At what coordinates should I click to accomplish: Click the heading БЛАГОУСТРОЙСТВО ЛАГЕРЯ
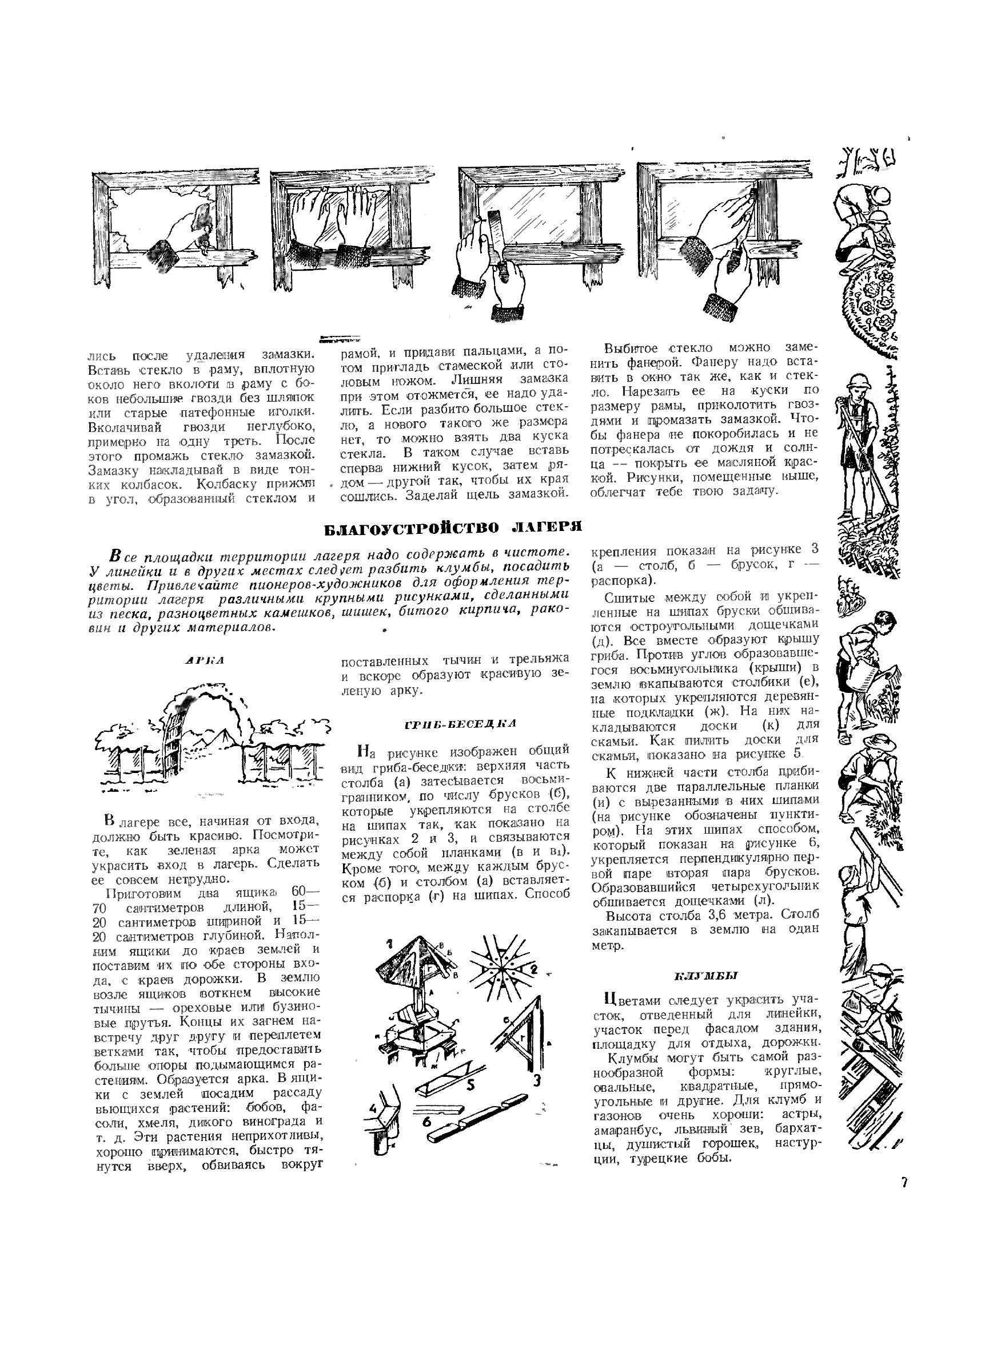coord(453,526)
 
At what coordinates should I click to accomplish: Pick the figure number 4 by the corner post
coord(373,1091)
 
